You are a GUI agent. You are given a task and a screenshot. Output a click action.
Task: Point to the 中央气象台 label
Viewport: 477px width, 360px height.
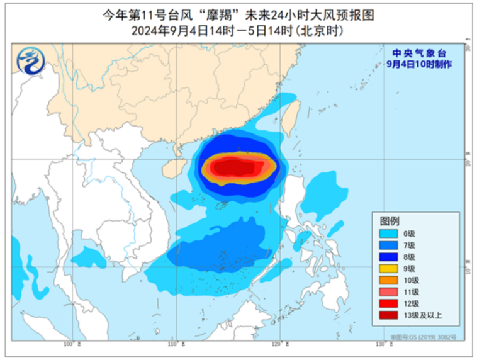(x=419, y=53)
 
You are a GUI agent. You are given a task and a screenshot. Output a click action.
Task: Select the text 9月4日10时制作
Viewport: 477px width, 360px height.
(x=419, y=64)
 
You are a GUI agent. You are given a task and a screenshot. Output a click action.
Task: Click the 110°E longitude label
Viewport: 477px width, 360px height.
(x=177, y=344)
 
